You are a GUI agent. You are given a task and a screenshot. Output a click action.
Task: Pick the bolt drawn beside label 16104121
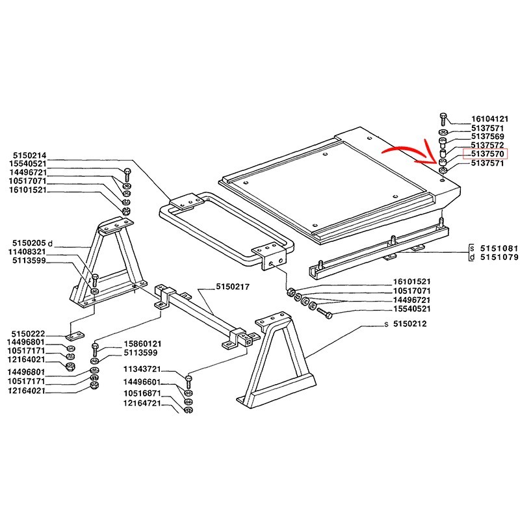pos(442,118)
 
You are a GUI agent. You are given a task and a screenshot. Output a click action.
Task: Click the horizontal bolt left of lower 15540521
pos(325,314)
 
